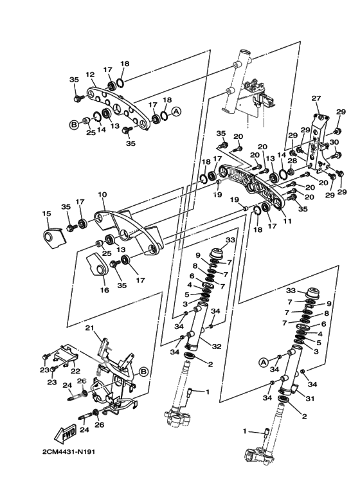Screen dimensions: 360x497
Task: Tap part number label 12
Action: (90, 75)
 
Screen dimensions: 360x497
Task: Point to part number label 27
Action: (316, 98)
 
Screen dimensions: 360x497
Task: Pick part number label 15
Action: (46, 213)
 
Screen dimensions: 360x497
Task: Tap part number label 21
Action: (90, 328)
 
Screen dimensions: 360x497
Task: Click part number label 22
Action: (75, 371)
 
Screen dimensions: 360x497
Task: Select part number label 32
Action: (217, 347)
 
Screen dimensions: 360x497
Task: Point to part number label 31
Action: (310, 399)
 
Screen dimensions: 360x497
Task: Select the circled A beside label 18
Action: (177, 111)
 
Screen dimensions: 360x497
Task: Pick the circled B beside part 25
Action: (73, 125)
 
